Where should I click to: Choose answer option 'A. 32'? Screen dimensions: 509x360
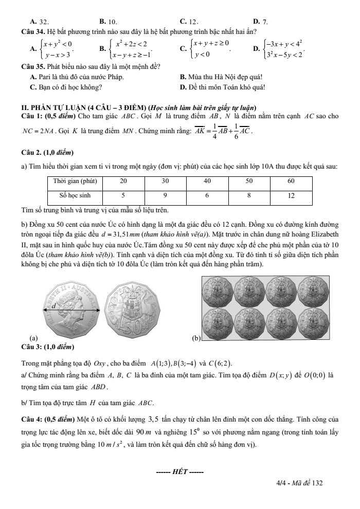pyautogui.click(x=40, y=22)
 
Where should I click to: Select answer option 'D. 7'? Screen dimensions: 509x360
pyautogui.click(x=260, y=22)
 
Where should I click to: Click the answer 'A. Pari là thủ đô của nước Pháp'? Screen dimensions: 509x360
pyautogui.click(x=77, y=78)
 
